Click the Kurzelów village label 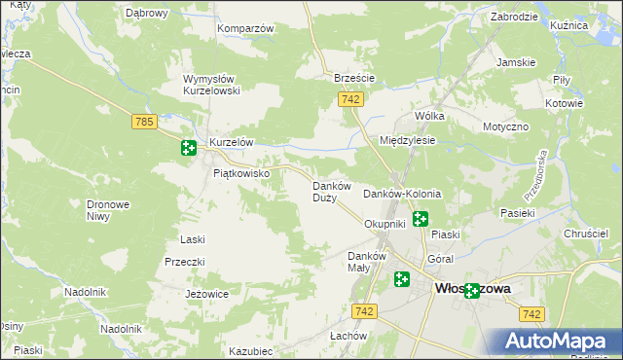(x=231, y=142)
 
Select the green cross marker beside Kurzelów (x=188, y=148)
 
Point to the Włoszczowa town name (x=474, y=288)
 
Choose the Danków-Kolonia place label (x=402, y=195)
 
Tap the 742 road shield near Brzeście (x=351, y=99)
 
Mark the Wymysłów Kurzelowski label (x=218, y=85)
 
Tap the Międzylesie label (x=407, y=140)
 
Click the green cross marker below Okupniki (x=421, y=219)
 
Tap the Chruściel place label (x=585, y=234)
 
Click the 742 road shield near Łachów (x=365, y=310)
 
